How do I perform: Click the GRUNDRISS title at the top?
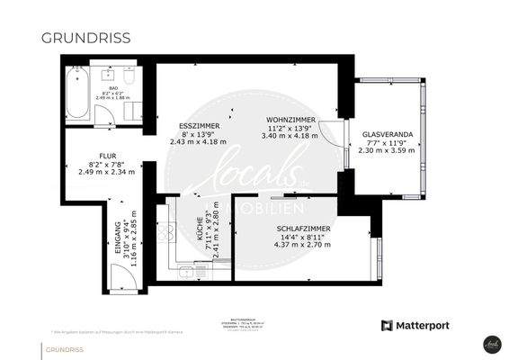tap(85, 38)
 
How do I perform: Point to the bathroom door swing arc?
tap(106, 117)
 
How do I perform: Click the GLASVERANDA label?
tap(388, 134)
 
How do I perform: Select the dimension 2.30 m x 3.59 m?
tap(388, 151)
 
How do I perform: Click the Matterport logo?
tap(415, 325)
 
